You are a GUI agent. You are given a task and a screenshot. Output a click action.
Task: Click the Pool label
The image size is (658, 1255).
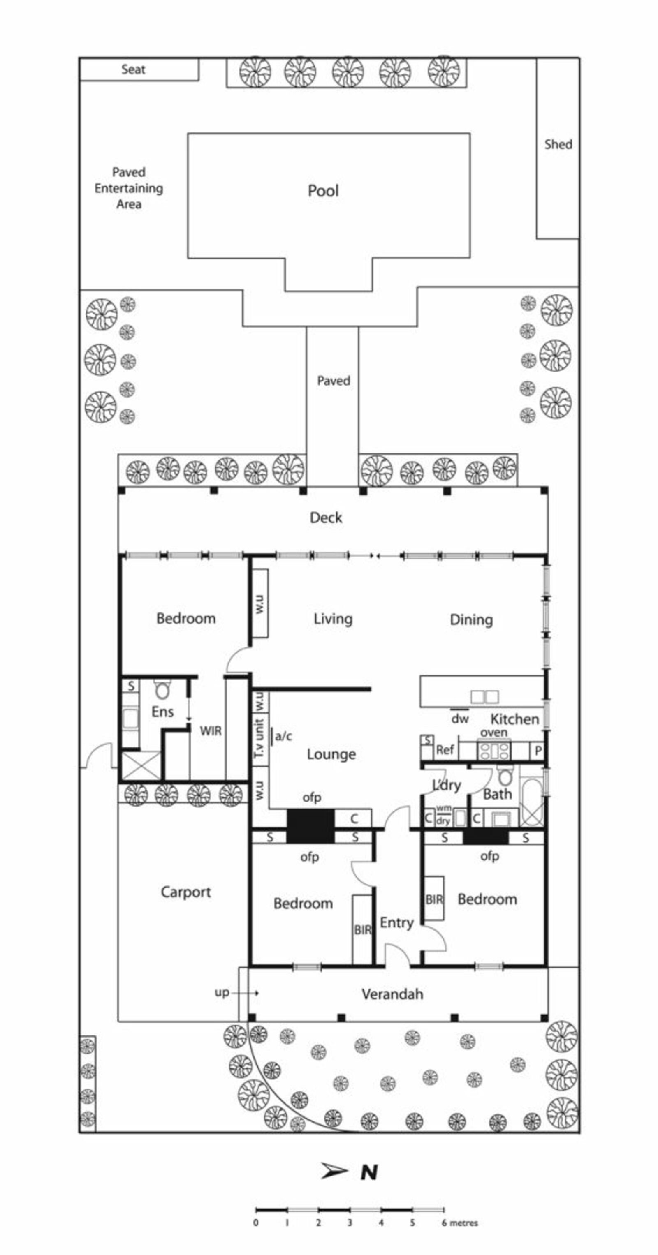tap(323, 190)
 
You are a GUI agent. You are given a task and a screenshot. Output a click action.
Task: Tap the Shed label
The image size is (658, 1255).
tap(558, 144)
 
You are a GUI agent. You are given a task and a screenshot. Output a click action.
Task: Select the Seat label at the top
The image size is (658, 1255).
tap(133, 69)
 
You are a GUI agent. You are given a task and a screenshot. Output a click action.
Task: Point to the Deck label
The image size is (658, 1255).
tap(326, 518)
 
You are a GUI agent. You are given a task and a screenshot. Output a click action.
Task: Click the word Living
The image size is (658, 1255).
tap(333, 619)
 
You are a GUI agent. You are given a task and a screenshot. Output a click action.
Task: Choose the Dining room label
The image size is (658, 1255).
tap(471, 620)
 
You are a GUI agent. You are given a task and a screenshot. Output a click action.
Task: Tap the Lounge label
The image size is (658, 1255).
tap(331, 754)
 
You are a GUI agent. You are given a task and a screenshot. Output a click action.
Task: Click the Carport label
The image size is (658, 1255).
tap(186, 892)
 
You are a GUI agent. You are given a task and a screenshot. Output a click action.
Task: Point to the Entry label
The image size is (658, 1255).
tap(396, 923)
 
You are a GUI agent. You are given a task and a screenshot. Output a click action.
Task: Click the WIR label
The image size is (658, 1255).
tap(211, 731)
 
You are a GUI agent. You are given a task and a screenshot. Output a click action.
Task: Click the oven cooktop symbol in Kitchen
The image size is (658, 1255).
tap(494, 750)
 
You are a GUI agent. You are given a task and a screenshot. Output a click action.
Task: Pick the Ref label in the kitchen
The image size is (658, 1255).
tap(445, 750)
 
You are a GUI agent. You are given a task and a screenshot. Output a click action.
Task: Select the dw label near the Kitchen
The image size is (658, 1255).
tap(460, 719)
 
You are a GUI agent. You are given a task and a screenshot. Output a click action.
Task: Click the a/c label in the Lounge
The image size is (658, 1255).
tap(283, 736)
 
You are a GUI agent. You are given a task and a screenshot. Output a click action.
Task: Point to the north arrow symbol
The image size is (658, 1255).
tap(334, 1171)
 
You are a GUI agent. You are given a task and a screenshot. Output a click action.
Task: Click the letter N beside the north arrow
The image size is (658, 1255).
tap(369, 1172)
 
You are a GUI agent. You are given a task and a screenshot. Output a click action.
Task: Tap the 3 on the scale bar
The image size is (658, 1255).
tap(350, 1223)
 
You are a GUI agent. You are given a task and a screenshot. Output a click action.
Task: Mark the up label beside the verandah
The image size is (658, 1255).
tap(222, 993)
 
